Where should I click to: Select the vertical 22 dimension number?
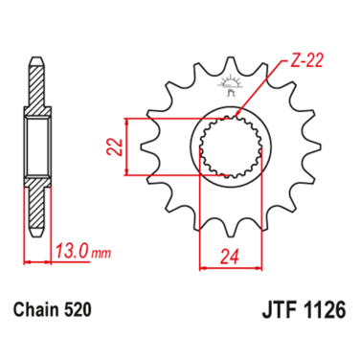111,146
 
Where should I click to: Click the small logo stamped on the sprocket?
229,89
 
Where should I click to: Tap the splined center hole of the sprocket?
229,146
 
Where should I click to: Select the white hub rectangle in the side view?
36,146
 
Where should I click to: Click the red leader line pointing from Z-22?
257,97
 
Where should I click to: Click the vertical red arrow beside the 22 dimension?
125,146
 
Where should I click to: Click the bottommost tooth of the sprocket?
229,232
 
